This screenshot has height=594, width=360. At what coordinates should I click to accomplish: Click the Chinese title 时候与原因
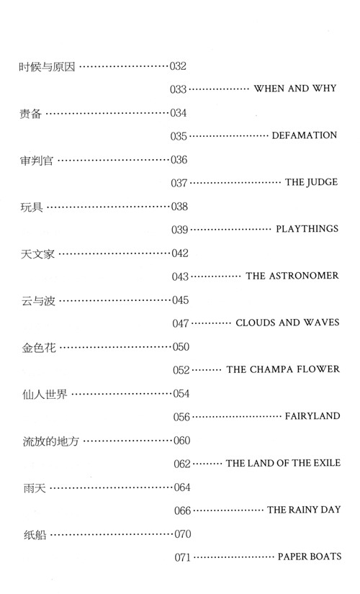click(48, 67)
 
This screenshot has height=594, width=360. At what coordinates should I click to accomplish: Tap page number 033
click(178, 89)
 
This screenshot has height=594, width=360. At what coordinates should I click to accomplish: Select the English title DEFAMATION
click(305, 135)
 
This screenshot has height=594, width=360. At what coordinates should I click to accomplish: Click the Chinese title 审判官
click(37, 161)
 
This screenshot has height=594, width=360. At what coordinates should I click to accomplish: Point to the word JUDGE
click(322, 182)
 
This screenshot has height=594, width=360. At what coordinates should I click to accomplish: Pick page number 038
click(179, 207)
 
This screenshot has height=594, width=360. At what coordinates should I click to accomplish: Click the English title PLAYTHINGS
click(307, 229)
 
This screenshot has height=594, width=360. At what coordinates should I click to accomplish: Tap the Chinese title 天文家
click(37, 254)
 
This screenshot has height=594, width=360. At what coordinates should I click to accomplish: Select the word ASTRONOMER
click(304, 276)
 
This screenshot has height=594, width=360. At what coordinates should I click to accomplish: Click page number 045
click(181, 300)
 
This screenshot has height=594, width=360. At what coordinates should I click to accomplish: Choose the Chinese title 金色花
click(39, 347)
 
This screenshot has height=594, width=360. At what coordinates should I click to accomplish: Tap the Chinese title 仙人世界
click(45, 395)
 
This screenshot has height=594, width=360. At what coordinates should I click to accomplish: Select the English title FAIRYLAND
click(312, 416)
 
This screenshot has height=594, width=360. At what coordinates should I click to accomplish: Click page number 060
click(182, 441)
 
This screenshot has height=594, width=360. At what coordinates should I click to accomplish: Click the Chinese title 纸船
click(35, 535)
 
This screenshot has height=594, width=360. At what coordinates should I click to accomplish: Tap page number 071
click(183, 557)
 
